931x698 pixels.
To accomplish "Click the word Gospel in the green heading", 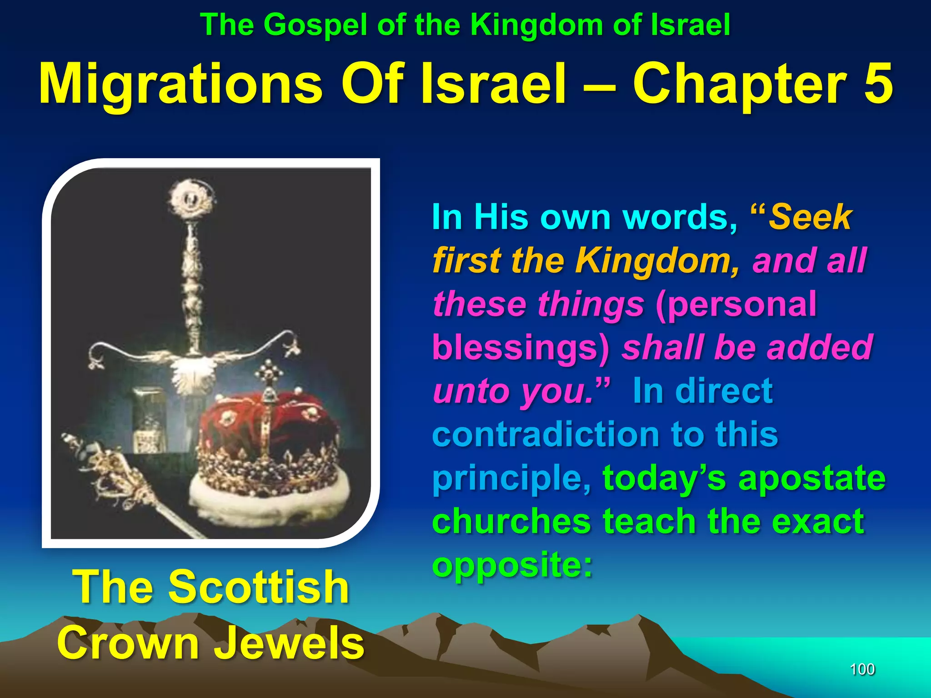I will [315, 25].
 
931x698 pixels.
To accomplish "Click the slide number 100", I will [862, 669].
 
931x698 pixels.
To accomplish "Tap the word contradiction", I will [545, 434].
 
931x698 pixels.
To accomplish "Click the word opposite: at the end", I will [513, 565].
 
